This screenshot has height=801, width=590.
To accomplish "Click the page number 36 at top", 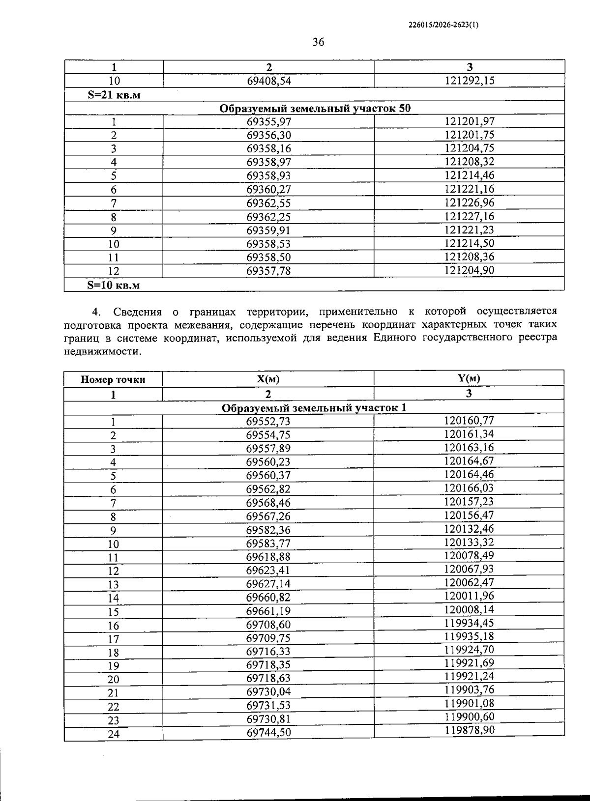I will [x=318, y=42].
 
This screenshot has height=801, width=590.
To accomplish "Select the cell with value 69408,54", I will [x=268, y=81].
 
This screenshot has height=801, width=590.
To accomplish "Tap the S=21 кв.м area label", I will [x=114, y=95].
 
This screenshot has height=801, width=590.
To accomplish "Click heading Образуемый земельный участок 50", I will [x=314, y=108].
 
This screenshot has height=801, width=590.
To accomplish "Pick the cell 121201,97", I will [x=470, y=121].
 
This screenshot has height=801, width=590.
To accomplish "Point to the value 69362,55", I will [x=268, y=203].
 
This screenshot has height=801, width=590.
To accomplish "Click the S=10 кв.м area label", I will [x=114, y=285].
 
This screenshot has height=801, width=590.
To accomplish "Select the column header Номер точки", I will [x=113, y=379].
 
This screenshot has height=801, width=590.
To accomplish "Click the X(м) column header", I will [x=268, y=379].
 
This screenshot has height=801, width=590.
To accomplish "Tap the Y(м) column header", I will [x=469, y=378].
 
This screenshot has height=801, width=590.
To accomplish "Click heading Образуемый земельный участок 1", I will [x=314, y=408].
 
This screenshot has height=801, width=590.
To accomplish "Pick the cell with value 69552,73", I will [x=268, y=422].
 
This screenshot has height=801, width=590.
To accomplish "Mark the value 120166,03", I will [x=469, y=488].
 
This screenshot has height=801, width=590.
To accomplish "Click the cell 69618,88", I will [x=268, y=557].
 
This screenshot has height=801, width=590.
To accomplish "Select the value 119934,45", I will [x=469, y=623].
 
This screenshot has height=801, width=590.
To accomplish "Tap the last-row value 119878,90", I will [x=469, y=730].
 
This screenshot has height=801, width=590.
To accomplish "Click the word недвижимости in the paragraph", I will [x=102, y=351].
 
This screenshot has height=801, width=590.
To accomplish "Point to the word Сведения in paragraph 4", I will [x=137, y=312].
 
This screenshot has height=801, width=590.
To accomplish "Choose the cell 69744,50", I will [x=268, y=733].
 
